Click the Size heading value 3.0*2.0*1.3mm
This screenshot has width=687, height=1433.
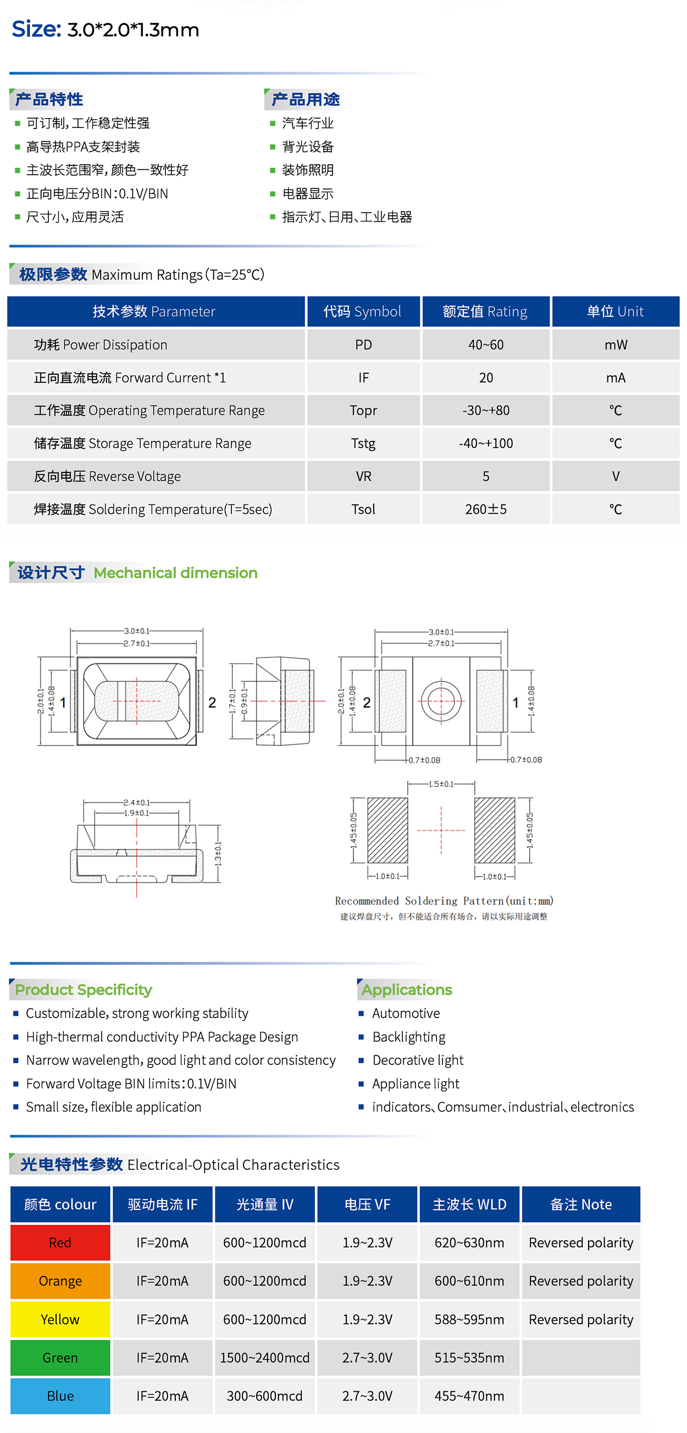133,30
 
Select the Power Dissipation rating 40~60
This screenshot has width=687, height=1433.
486,345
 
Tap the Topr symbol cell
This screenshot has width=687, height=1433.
363,410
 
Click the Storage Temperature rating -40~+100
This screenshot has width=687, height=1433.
486,443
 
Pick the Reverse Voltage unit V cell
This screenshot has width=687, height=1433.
615,476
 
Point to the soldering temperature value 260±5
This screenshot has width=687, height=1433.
486,509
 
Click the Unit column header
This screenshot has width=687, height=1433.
615,312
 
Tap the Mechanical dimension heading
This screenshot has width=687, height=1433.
175,573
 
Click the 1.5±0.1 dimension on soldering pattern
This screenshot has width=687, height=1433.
441,784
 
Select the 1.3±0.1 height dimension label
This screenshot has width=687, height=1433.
218,853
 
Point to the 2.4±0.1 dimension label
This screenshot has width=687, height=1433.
137,802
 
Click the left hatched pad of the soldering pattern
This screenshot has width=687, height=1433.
387,830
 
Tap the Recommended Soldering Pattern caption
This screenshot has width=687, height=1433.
444,901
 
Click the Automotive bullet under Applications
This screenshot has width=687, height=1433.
406,1013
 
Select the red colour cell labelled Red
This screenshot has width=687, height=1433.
60,1242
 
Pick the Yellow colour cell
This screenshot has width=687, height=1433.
60,1319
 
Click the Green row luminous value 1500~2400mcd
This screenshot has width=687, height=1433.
265,1357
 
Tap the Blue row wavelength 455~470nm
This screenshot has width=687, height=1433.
469,1396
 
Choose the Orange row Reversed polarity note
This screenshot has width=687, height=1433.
581,1281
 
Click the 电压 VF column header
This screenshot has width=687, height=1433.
367,1204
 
